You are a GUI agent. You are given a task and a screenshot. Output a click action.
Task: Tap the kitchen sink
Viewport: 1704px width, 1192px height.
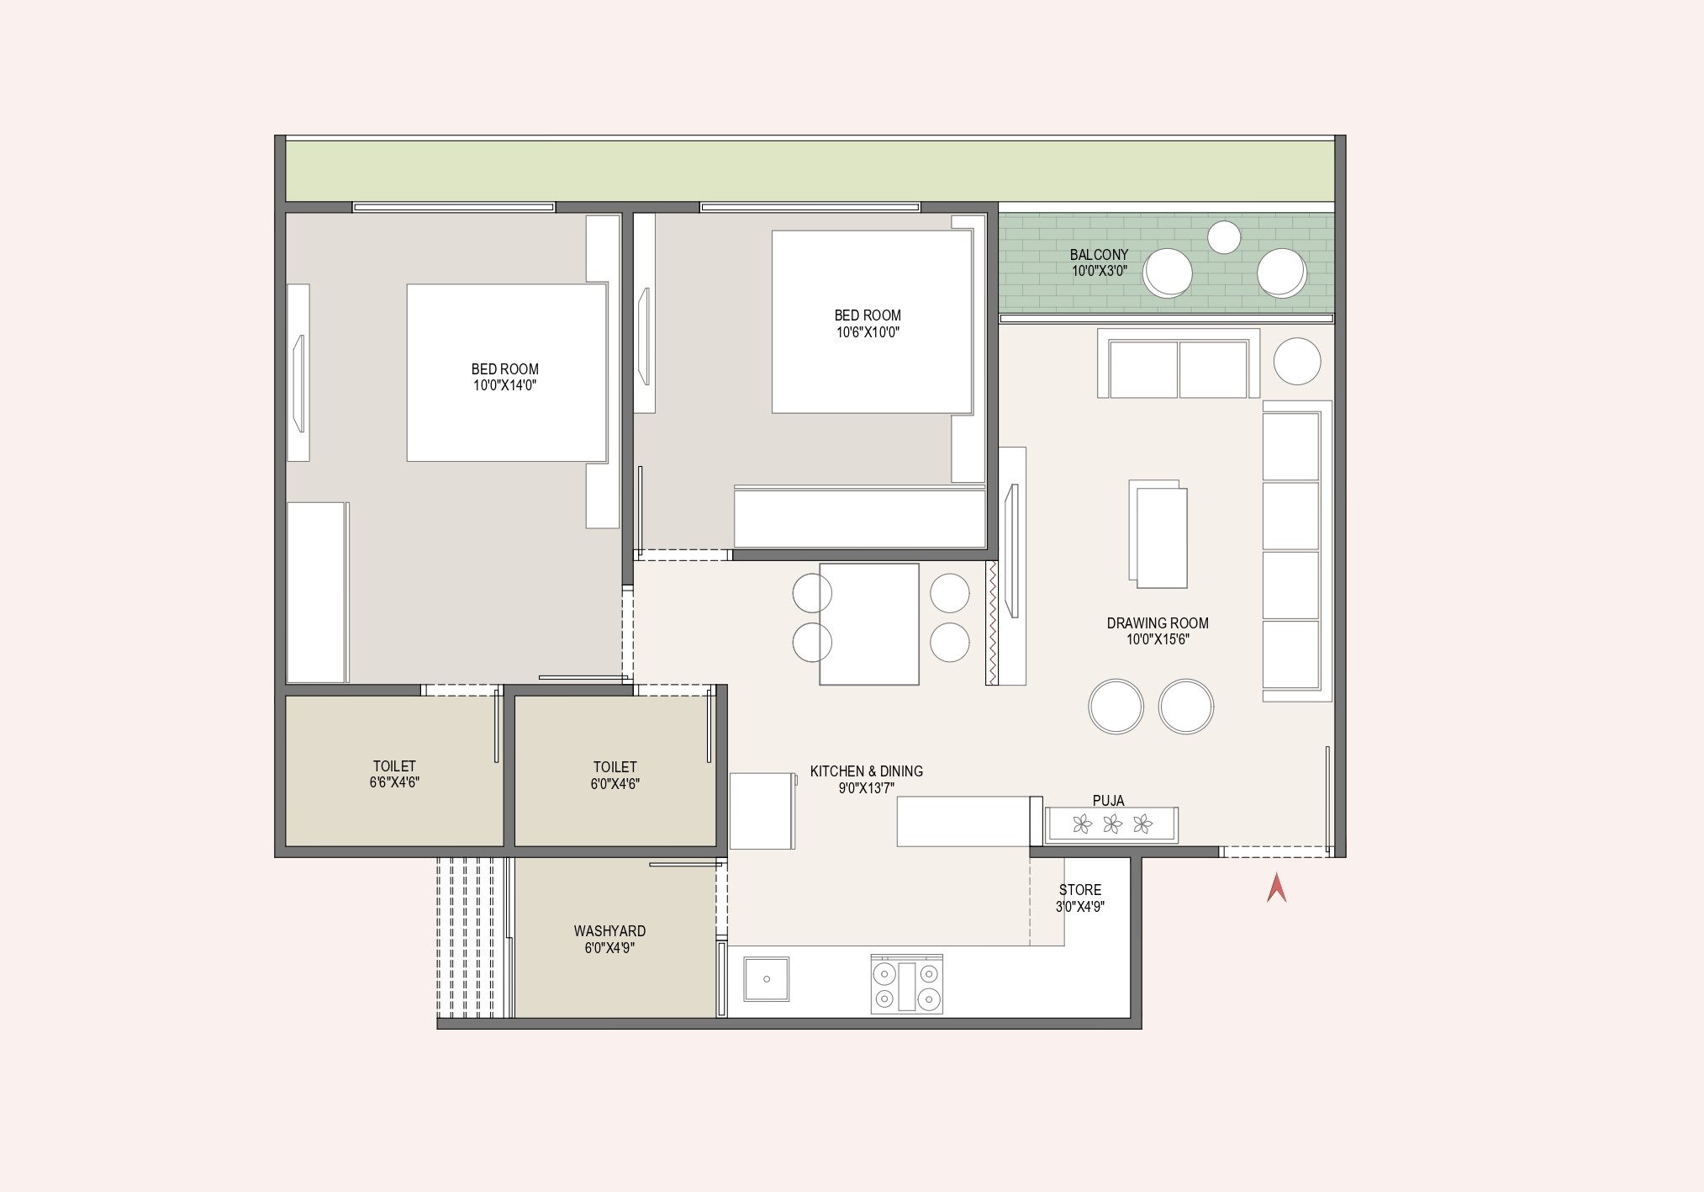click(767, 978)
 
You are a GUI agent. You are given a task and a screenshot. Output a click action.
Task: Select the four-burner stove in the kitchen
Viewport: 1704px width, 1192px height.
click(906, 984)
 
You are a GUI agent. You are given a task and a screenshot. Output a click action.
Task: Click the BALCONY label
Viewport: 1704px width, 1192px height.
click(1099, 255)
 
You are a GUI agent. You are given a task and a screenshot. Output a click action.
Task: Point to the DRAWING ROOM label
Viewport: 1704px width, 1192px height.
click(1158, 623)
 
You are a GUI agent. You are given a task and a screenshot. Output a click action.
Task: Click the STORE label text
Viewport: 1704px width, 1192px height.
click(1080, 890)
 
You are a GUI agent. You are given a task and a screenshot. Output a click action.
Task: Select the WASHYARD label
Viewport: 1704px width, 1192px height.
click(609, 931)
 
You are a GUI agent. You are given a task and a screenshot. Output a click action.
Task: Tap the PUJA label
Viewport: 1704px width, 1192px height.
click(1108, 801)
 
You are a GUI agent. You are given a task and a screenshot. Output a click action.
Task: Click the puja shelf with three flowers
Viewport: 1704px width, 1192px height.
click(1111, 824)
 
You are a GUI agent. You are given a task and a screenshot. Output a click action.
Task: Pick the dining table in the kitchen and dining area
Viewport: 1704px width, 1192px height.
click(869, 624)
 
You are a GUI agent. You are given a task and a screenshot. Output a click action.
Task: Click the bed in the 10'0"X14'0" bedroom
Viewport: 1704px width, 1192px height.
click(507, 373)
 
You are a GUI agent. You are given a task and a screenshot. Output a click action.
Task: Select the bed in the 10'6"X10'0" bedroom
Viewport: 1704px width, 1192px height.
click(873, 321)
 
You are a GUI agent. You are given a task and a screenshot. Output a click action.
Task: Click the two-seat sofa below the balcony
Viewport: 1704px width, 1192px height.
click(1178, 363)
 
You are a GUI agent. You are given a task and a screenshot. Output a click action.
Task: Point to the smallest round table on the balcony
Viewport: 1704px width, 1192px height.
click(1224, 237)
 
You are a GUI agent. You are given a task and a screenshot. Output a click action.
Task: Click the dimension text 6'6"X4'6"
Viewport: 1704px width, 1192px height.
click(394, 782)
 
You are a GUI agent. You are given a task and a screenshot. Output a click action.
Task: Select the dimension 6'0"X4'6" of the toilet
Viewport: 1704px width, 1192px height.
click(615, 784)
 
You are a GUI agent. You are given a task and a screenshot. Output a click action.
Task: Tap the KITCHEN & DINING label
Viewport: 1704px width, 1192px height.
click(867, 771)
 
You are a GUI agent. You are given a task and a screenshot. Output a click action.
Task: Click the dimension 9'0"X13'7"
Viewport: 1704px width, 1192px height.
click(866, 788)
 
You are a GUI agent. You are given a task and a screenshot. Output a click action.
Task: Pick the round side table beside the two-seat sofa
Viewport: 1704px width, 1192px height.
click(1297, 361)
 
